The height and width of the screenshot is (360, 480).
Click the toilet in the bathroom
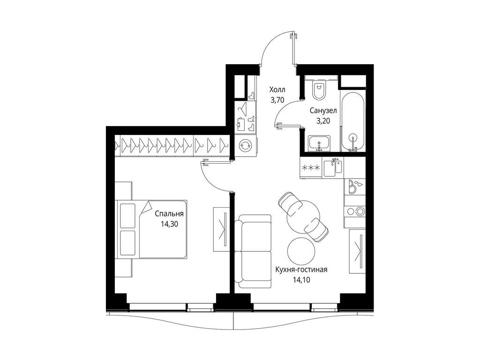pos(319,90)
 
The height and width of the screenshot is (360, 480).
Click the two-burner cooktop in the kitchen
pos(355,211)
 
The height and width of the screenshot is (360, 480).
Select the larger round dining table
pos(302,216)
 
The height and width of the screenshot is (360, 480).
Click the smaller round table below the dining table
pos(300,251)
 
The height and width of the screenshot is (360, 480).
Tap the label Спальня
pos(169,214)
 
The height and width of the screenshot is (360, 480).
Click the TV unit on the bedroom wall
pos(220,229)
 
